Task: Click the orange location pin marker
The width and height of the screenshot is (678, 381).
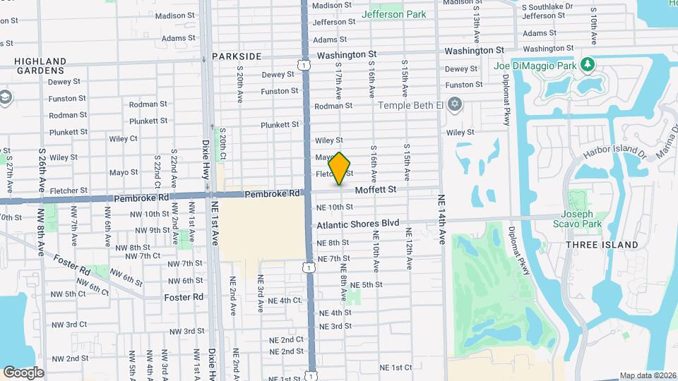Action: [x=340, y=168]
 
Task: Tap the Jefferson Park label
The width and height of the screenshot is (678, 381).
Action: [x=393, y=14]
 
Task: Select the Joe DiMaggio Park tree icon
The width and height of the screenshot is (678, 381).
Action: [x=587, y=65]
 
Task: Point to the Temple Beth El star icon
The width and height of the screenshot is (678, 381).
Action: [x=455, y=104]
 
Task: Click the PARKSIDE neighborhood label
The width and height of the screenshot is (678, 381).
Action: [x=236, y=56]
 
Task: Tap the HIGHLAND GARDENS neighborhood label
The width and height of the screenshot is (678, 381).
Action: [x=40, y=66]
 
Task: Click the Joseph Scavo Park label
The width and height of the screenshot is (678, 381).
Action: [x=581, y=219]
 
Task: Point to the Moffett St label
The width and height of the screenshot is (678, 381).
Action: [x=376, y=189]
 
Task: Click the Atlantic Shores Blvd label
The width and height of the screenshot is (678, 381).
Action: [x=357, y=224]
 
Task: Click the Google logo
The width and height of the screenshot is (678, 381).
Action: [x=23, y=372]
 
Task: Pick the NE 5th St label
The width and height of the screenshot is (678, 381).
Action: [x=366, y=284]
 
